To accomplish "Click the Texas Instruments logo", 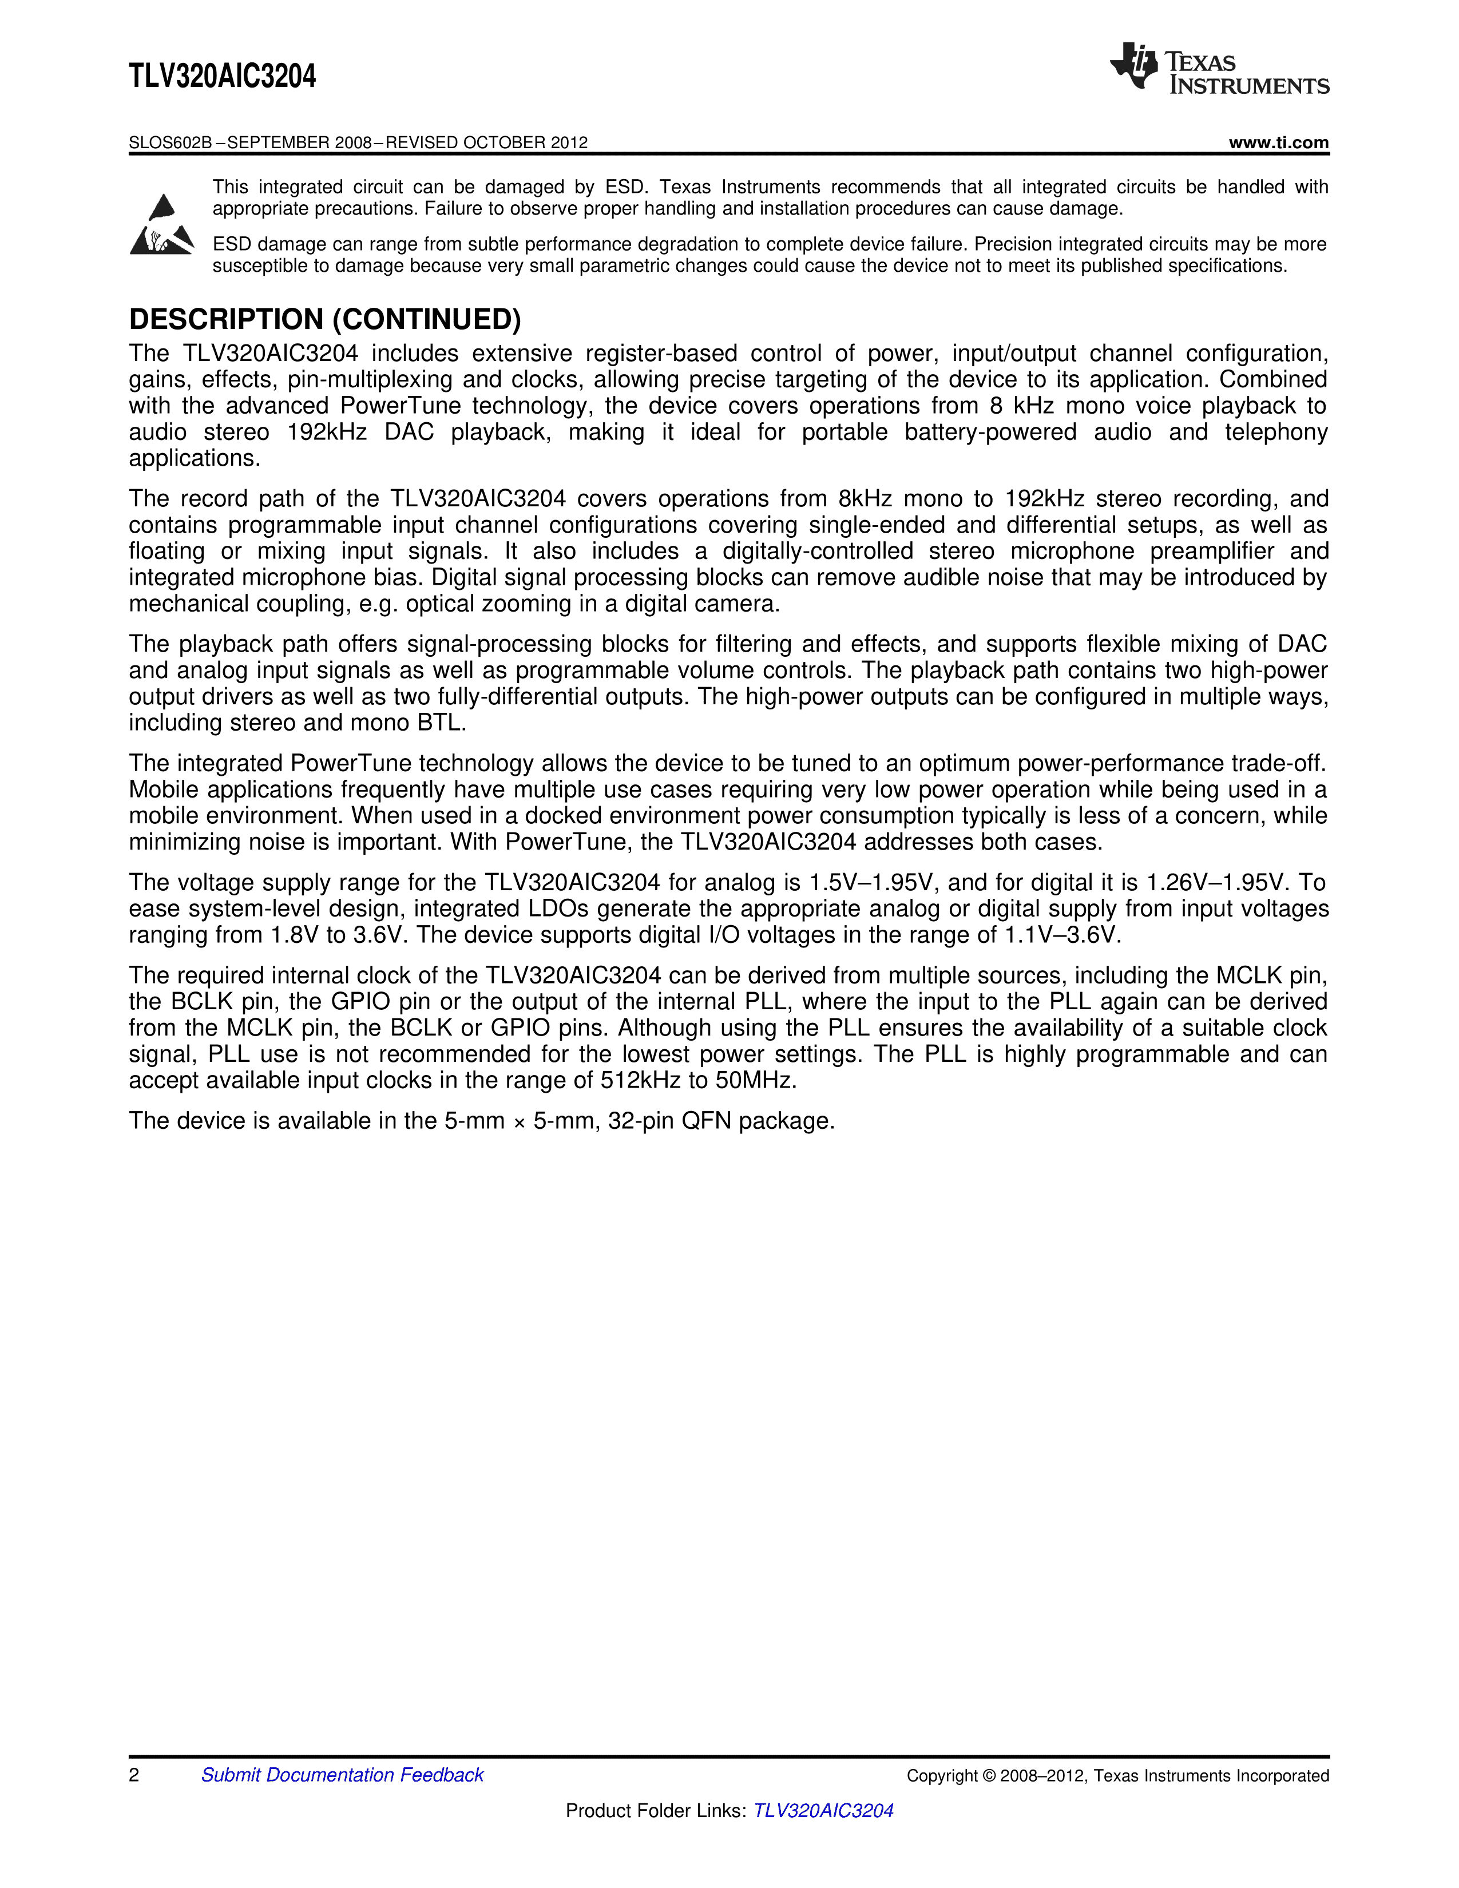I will click(x=1219, y=68).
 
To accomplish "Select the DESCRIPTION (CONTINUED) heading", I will click(x=325, y=320).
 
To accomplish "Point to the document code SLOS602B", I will click(x=169, y=142).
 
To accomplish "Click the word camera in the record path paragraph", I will click(x=738, y=604).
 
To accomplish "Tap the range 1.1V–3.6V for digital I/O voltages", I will click(x=1061, y=935).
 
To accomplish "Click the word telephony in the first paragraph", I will click(x=1275, y=432).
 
